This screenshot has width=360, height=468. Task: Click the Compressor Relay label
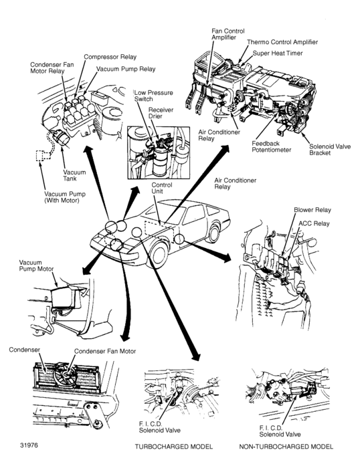110,57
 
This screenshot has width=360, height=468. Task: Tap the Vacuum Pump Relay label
126,69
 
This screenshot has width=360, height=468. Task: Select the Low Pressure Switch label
153,96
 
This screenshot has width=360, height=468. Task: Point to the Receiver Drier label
161,113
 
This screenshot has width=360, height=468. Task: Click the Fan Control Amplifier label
228,34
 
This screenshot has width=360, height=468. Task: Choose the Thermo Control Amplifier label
282,42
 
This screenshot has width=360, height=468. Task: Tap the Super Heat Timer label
278,53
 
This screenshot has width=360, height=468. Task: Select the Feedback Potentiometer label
271,146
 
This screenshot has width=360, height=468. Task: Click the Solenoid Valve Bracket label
330,150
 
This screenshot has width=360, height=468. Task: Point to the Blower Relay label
312,210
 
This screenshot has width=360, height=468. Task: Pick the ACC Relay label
314,223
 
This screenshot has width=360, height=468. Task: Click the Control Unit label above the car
162,188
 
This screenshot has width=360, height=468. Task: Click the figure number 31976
29,445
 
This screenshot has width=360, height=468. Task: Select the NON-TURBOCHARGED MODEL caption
286,447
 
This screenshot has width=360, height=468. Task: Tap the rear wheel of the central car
214,234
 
